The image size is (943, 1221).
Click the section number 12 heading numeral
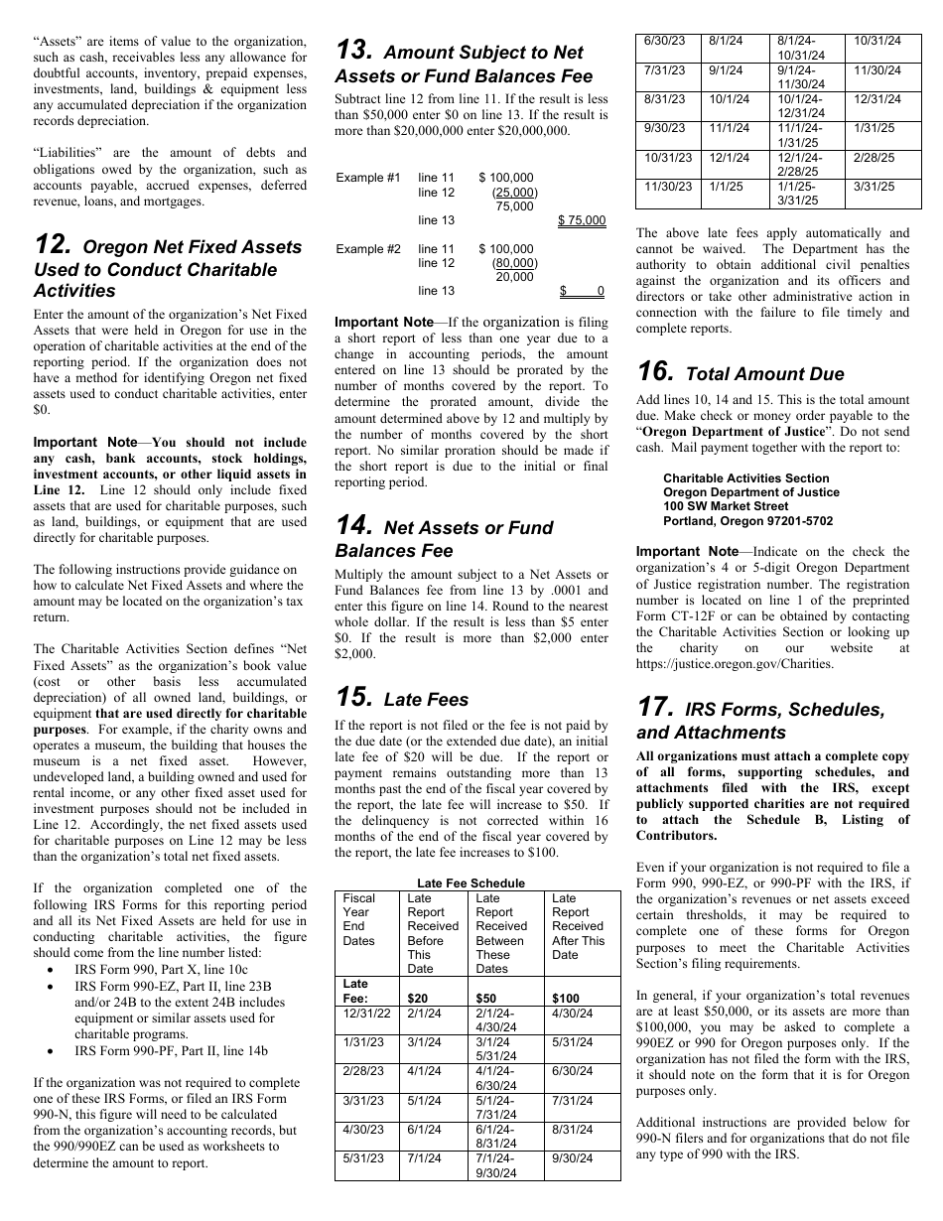[x=52, y=245]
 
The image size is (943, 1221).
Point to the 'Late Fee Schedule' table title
[x=471, y=882]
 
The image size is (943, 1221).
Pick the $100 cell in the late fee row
[x=566, y=998]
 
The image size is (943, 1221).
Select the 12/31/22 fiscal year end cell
[x=366, y=1014]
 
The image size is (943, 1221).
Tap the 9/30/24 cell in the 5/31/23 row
[x=573, y=1157]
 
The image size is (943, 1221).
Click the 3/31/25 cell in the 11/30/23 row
[x=874, y=186]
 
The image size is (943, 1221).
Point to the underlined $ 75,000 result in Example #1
[x=582, y=220]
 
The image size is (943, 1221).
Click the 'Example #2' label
[x=367, y=249]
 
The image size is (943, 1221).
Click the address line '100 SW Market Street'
[x=726, y=506]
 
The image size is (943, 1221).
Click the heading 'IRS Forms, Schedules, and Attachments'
[x=760, y=721]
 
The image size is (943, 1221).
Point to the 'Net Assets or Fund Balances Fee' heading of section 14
[x=444, y=539]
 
